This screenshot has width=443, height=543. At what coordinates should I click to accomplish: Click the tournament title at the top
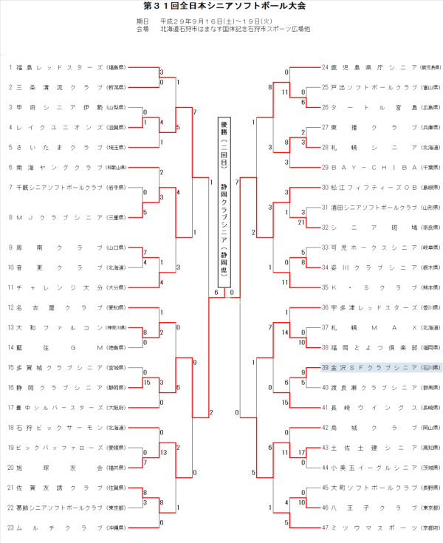(x=221, y=7)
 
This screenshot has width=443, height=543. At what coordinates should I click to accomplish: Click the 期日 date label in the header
(x=143, y=21)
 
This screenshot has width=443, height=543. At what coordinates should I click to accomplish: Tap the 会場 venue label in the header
(x=143, y=30)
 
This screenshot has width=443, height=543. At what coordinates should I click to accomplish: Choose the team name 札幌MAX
(x=366, y=327)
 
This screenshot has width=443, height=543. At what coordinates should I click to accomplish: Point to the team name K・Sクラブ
(x=366, y=287)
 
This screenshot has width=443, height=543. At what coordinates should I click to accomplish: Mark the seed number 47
(x=324, y=527)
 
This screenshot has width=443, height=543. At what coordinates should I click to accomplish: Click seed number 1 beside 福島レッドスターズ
(x=11, y=67)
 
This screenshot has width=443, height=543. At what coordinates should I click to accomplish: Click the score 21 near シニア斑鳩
(x=303, y=222)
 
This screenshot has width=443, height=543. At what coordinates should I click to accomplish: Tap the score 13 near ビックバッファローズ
(x=162, y=452)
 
